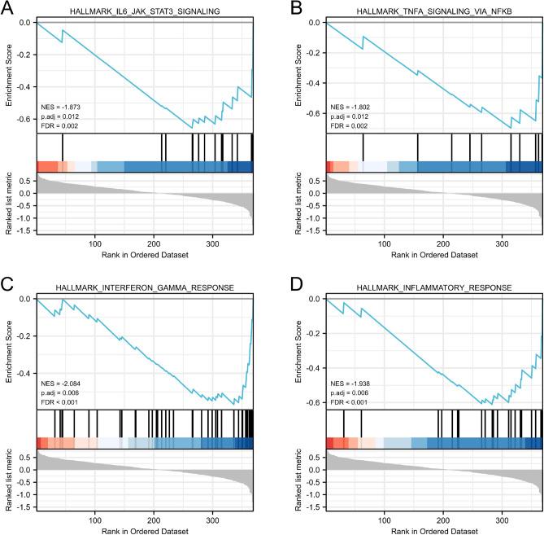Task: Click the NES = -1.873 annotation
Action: tap(62, 107)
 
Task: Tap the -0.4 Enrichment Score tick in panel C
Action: tap(25, 373)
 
